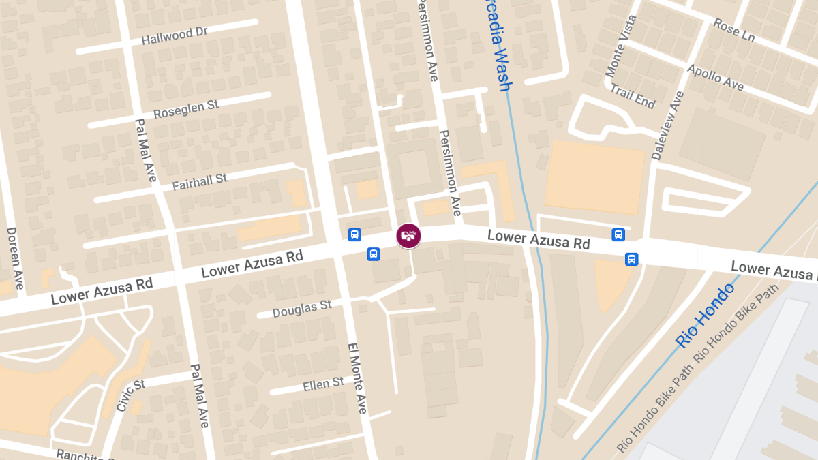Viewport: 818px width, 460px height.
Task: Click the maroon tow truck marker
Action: tap(408, 236)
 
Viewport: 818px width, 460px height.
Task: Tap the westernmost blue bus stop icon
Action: tap(354, 234)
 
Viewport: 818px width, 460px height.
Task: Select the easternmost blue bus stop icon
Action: tap(632, 259)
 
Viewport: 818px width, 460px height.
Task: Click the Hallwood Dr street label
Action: tap(174, 36)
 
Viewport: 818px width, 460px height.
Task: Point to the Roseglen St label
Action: tap(185, 109)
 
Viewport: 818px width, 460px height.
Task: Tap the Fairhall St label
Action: tap(199, 181)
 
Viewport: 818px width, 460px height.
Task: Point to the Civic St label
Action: tap(130, 395)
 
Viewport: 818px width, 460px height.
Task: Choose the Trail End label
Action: tap(632, 96)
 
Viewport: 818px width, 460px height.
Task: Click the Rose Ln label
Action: tap(733, 30)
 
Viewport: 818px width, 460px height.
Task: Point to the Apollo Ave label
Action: tap(714, 78)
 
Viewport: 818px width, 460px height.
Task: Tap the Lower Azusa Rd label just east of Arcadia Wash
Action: tap(539, 239)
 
